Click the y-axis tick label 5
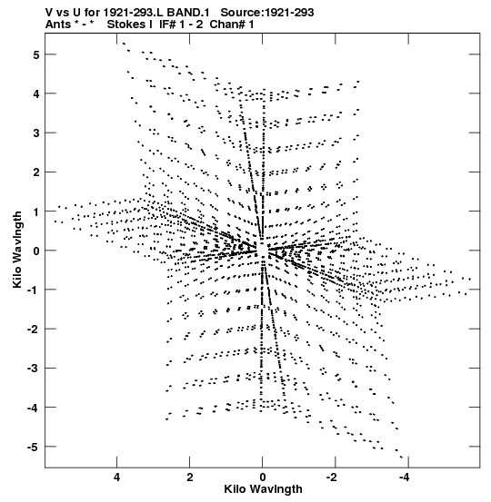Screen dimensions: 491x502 [x=36, y=54]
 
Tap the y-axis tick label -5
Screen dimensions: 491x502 [x=34, y=447]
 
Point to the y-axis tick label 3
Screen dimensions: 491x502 [x=36, y=133]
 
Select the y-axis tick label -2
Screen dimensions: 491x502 [x=34, y=330]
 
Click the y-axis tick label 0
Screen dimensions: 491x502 [x=36, y=251]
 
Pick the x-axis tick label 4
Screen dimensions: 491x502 [x=116, y=477]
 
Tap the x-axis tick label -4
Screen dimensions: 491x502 [x=405, y=477]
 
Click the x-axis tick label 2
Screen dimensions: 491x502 [x=190, y=477]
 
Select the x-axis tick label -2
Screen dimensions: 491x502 [x=332, y=477]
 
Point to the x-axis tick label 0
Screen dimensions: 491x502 [x=263, y=477]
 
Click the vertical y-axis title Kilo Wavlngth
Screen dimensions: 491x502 [x=17, y=250]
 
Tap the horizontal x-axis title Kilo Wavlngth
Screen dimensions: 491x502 [x=263, y=489]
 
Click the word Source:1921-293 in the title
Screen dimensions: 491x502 [x=267, y=13]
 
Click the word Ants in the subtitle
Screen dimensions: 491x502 [x=57, y=25]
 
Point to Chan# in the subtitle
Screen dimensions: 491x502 [x=227, y=25]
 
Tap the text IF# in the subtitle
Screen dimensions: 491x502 [x=167, y=25]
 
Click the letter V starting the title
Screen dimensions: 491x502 [x=49, y=13]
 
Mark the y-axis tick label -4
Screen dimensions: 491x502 [x=34, y=408]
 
